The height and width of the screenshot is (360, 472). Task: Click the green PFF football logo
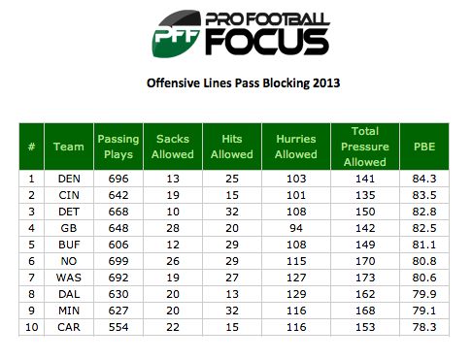tap(177, 34)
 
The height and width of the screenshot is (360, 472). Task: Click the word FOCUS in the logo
tap(267, 42)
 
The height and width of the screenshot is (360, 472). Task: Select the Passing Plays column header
tap(118, 147)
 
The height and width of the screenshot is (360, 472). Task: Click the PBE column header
tap(424, 147)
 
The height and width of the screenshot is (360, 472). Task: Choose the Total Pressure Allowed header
tap(365, 147)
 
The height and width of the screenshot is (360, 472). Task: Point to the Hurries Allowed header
tap(296, 147)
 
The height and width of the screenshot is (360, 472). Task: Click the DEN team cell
tap(69, 179)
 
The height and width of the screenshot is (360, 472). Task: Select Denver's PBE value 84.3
tap(424, 179)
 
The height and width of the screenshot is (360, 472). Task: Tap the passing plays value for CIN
tap(118, 195)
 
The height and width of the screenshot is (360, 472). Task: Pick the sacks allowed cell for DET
tap(173, 212)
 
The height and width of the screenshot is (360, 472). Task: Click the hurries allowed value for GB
tap(296, 228)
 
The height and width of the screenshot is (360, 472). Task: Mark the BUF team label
tap(69, 245)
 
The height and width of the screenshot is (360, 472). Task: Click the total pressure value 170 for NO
tap(365, 261)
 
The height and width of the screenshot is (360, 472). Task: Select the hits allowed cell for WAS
tap(232, 278)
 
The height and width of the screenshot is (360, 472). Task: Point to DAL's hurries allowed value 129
tap(296, 294)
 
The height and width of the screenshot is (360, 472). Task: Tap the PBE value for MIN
tap(424, 311)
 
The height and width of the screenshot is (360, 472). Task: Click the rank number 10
tap(32, 327)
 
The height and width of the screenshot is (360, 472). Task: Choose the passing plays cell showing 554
tap(118, 327)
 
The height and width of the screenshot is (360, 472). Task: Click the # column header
tap(31, 147)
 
